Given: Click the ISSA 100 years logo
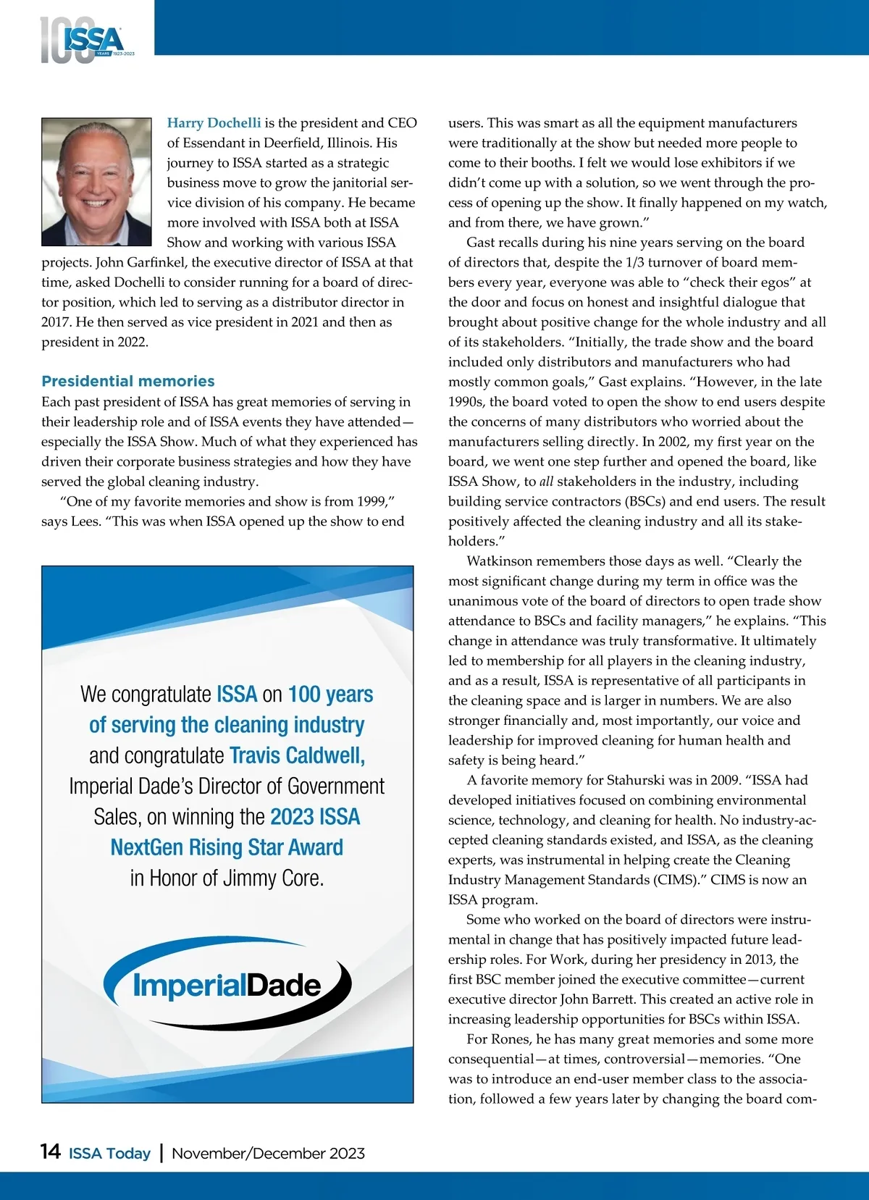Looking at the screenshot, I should (x=86, y=41).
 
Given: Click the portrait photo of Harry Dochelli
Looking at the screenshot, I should (x=96, y=182).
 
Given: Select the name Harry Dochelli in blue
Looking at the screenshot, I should (x=214, y=123).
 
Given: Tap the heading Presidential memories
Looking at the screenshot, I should (x=128, y=381).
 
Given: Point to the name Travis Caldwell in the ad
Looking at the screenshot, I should (x=297, y=755).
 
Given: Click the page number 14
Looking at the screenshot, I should (x=51, y=1152).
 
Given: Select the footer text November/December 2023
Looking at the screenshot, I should (x=268, y=1153).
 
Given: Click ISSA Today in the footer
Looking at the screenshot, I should (x=109, y=1153).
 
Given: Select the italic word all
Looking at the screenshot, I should (x=546, y=482).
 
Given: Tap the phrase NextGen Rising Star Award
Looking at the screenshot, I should (x=227, y=847).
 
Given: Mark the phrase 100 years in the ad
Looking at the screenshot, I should (x=330, y=695).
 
